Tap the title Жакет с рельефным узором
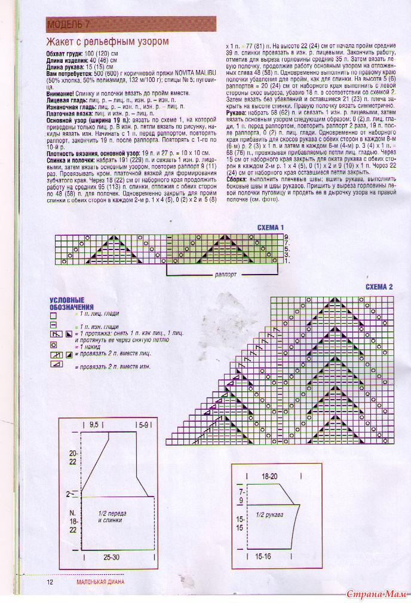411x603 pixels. point(108,42)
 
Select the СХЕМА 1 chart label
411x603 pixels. point(271,228)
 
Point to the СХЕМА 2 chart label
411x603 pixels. point(379,287)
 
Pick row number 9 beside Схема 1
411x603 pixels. point(287,237)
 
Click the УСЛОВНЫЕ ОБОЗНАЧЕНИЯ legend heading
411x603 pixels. point(67,303)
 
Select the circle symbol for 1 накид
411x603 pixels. point(53,345)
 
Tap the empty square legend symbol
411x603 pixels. point(53,314)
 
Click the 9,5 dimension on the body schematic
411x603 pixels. point(94,424)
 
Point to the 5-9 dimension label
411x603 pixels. point(143,424)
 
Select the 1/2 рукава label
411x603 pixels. point(269,514)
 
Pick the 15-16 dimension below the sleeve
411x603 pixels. point(263,556)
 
